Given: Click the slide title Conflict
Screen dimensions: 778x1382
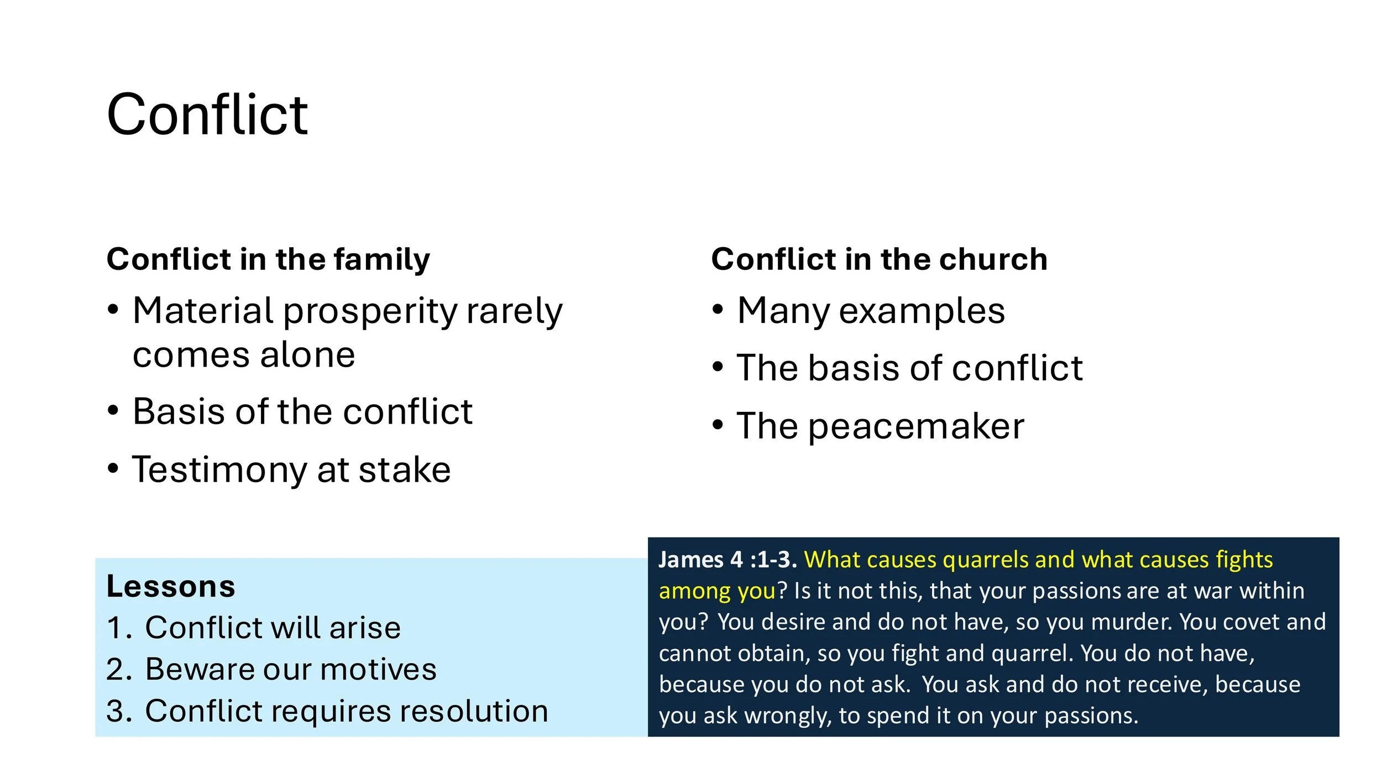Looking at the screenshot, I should [207, 114].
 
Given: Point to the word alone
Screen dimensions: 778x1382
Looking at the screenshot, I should [307, 355].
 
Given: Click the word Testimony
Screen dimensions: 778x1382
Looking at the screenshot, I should [219, 470].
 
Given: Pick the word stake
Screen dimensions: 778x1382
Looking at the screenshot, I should [405, 470].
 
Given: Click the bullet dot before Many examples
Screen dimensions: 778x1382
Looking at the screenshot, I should [718, 310].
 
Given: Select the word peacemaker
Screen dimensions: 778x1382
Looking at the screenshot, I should [917, 427].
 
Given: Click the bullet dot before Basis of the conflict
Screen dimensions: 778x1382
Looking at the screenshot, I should [113, 411].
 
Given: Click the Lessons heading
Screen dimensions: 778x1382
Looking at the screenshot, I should [171, 587].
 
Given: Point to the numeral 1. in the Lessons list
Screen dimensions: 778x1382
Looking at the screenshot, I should [118, 628].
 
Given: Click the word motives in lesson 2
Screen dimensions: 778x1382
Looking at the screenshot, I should [379, 670].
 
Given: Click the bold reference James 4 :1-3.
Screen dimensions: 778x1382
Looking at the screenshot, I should [727, 560].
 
